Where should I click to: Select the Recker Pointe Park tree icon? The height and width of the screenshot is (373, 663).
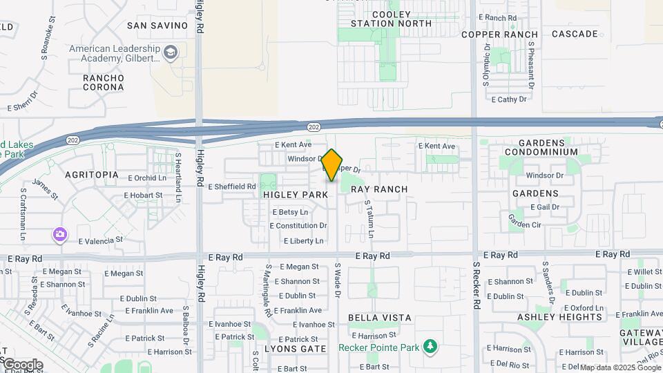[430, 345]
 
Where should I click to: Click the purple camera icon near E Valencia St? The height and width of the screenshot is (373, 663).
[60, 235]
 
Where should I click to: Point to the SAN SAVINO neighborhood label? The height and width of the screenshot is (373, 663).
[157, 26]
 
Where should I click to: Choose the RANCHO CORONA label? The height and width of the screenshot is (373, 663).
[104, 83]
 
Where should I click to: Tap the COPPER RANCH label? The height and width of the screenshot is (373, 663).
[499, 34]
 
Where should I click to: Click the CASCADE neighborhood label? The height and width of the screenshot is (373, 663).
[575, 34]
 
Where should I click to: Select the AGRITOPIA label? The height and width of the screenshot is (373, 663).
[91, 175]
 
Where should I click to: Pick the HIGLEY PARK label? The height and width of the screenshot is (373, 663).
[296, 195]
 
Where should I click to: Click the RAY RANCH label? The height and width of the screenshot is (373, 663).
[379, 189]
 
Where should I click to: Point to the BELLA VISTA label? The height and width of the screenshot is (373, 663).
[380, 318]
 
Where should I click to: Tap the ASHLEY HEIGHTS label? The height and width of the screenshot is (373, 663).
[560, 317]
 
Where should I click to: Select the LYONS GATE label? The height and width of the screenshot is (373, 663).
[296, 349]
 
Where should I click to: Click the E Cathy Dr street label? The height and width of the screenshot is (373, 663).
[509, 99]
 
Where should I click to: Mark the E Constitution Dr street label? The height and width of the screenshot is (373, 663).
[298, 226]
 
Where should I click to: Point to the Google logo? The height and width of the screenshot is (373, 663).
[22, 364]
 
